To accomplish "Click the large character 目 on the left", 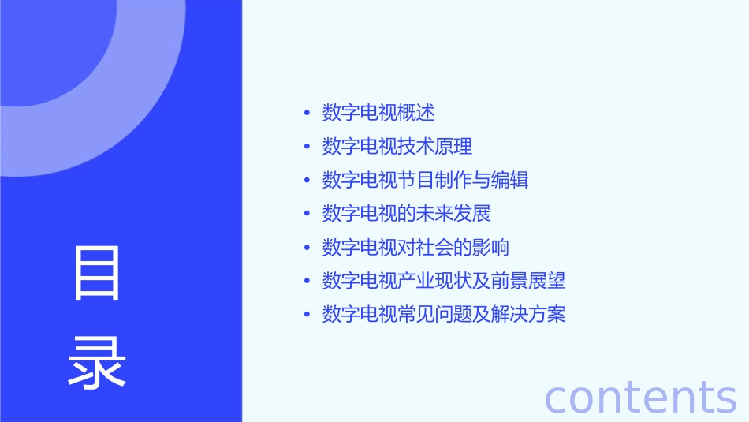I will pyautogui.click(x=97, y=274).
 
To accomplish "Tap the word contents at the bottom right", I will pyautogui.click(x=640, y=397).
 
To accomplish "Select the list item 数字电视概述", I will pyautogui.click(x=378, y=113).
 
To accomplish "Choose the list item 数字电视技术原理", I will pyautogui.click(x=397, y=147).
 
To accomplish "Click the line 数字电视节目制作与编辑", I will pyautogui.click(x=425, y=180).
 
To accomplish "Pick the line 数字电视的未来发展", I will pyautogui.click(x=406, y=214).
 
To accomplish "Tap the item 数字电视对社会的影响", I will pyautogui.click(x=415, y=248).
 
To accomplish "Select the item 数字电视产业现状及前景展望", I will pyautogui.click(x=443, y=281).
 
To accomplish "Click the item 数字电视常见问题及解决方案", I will pyautogui.click(x=443, y=315).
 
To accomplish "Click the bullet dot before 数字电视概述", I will pyautogui.click(x=307, y=114).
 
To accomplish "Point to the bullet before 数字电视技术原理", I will pyautogui.click(x=307, y=147).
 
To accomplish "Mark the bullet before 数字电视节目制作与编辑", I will pyautogui.click(x=307, y=181).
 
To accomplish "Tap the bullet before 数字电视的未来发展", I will pyautogui.click(x=307, y=215).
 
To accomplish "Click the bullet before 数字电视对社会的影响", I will pyautogui.click(x=307, y=248).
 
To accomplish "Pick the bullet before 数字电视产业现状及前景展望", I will pyautogui.click(x=307, y=282).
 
